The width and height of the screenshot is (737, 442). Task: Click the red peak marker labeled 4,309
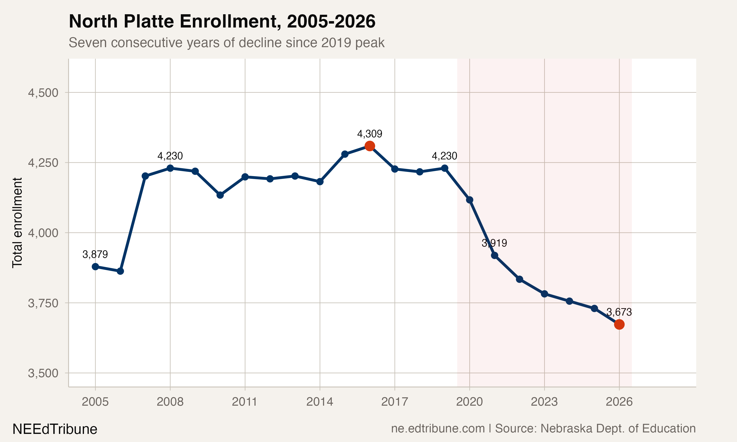(370, 146)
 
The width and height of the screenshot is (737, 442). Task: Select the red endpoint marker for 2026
(619, 324)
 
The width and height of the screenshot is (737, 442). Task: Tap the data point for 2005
(95, 267)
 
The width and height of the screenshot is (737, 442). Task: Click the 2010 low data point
(220, 195)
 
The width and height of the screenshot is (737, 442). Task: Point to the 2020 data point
(469, 200)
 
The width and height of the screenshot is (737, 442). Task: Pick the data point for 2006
(120, 271)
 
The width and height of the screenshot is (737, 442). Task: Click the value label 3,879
(95, 254)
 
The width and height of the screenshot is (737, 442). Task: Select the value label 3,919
(494, 243)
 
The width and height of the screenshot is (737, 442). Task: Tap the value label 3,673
(619, 312)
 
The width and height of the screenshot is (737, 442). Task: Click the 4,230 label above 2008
(170, 156)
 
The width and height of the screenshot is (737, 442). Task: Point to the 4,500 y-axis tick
(43, 93)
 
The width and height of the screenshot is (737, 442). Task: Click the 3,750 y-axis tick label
(43, 303)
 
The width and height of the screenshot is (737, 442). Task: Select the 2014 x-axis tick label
(320, 402)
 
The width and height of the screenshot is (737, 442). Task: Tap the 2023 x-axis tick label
(544, 402)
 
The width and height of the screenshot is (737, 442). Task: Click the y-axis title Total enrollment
(17, 223)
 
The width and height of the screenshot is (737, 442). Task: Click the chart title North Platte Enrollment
(222, 21)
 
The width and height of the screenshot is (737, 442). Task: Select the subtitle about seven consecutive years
(227, 42)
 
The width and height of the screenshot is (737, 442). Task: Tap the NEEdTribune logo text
(55, 429)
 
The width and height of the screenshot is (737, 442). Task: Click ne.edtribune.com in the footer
(438, 428)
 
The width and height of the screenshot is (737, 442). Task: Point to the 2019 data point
(444, 168)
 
